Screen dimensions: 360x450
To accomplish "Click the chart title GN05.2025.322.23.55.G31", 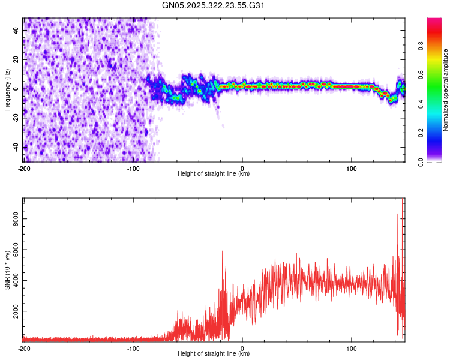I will (x=214, y=5).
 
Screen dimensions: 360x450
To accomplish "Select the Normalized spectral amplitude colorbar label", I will (x=445, y=90).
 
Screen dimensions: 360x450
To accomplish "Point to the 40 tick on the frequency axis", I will (x=16, y=30).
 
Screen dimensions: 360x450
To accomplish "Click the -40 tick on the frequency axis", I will (x=16, y=146).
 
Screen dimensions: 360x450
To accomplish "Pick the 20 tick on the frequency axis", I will (x=16, y=59).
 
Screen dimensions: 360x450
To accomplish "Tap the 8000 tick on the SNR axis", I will (x=16, y=220).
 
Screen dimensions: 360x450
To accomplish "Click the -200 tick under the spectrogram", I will (x=25, y=168).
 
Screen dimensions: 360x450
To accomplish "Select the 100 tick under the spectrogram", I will (x=352, y=168).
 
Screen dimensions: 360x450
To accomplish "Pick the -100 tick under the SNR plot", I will (x=133, y=348).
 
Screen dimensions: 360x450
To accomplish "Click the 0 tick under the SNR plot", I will (x=242, y=348).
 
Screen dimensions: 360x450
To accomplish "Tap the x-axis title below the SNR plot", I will (x=214, y=354).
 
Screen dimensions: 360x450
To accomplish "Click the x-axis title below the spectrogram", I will (x=214, y=174).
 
